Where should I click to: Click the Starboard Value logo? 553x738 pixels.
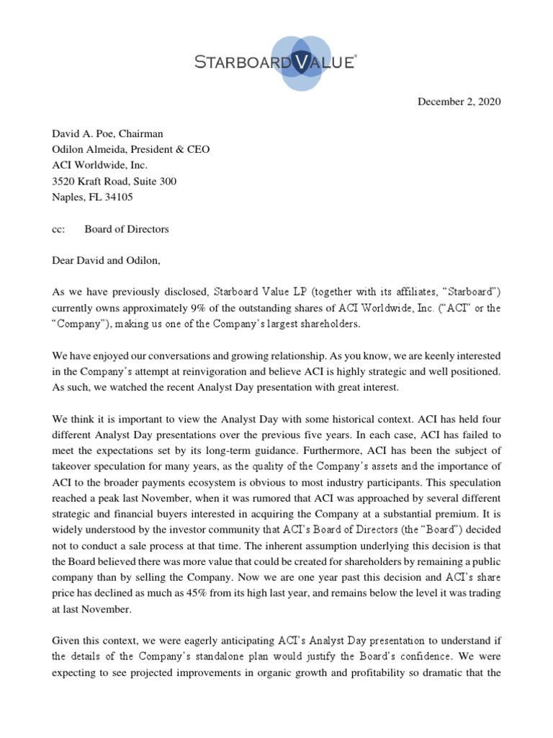tap(276, 63)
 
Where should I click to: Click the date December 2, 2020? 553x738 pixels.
tap(459, 102)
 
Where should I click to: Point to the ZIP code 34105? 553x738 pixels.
tap(119, 197)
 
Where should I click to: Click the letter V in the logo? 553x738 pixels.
tap(295, 63)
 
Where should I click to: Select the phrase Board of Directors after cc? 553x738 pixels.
tap(127, 229)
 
